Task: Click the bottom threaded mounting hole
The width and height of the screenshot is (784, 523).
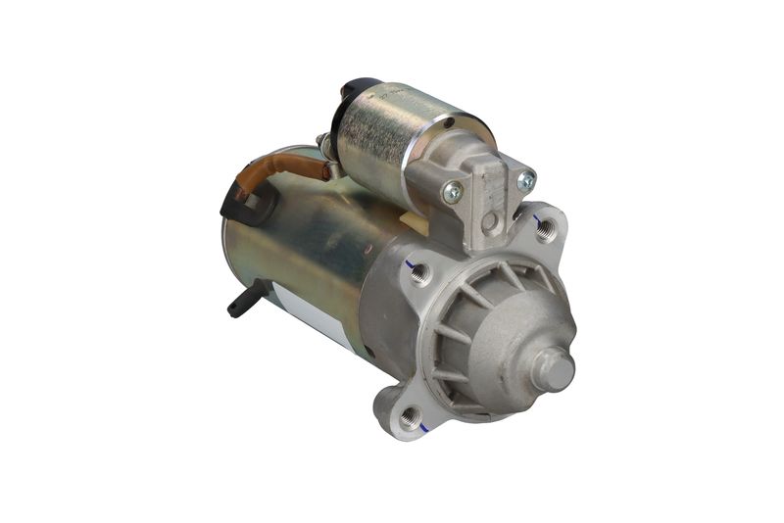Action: click(412, 418)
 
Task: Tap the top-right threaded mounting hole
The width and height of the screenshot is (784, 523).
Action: click(547, 229)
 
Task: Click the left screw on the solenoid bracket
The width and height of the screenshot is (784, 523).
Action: click(453, 192)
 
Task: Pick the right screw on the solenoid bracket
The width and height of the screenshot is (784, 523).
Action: click(525, 179)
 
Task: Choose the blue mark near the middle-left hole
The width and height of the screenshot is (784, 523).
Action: click(410, 263)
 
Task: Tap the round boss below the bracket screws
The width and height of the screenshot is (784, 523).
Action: click(488, 221)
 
